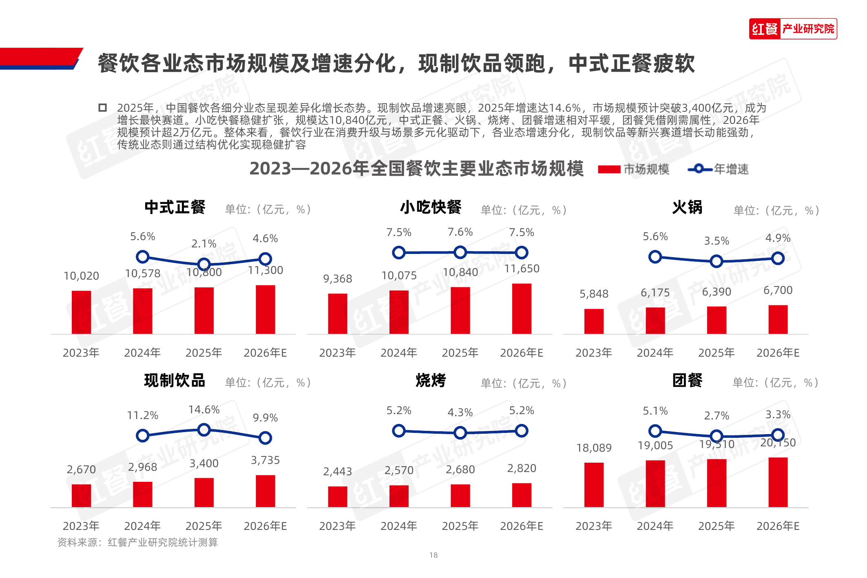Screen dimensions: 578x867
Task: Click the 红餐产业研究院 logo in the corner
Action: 792,29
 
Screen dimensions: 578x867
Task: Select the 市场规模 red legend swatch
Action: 609,169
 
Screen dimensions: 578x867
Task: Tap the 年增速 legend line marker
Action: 699,169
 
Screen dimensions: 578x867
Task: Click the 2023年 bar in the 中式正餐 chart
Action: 81,312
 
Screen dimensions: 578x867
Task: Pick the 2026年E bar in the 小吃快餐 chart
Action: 522,309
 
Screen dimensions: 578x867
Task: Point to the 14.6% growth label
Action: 204,409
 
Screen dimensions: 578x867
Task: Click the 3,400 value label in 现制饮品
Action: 204,463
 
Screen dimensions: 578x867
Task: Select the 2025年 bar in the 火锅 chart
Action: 717,320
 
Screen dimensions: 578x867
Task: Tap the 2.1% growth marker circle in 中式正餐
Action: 204,264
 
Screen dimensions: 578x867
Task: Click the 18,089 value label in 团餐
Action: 594,448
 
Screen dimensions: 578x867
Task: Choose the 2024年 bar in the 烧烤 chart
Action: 399,496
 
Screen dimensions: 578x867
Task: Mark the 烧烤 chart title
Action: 431,380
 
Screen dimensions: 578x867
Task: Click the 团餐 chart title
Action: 687,380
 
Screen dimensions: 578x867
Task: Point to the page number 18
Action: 433,555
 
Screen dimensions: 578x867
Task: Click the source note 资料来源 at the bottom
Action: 138,542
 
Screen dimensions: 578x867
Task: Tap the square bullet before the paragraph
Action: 102,108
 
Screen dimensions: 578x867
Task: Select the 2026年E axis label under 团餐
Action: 778,526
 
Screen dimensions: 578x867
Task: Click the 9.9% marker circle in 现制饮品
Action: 265,438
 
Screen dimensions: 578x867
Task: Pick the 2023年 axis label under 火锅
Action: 594,353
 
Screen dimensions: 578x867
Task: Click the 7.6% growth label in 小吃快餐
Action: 460,232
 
